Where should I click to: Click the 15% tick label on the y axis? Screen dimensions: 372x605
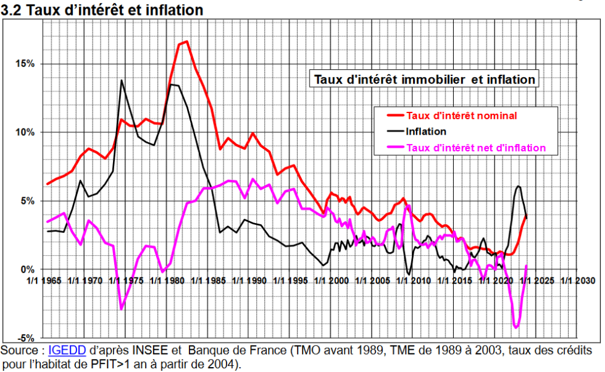(25, 64)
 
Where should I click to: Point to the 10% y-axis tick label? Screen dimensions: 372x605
(25, 133)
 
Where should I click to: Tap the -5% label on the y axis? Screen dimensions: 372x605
(25, 338)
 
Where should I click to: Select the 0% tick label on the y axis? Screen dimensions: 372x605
(27, 269)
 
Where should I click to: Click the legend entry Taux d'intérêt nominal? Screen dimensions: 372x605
(461, 116)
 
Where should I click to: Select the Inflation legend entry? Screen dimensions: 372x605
(426, 131)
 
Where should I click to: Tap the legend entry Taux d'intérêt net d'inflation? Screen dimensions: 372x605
(475, 148)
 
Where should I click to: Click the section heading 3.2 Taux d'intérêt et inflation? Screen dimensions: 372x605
(102, 10)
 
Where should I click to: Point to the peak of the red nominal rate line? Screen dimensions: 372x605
(186, 41)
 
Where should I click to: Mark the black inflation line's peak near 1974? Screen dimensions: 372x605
(122, 80)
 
